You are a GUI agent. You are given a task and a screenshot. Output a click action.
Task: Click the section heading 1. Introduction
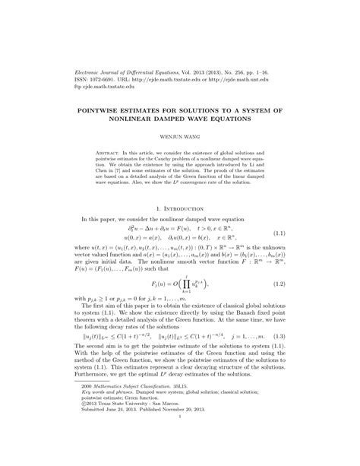click(x=180, y=208)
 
